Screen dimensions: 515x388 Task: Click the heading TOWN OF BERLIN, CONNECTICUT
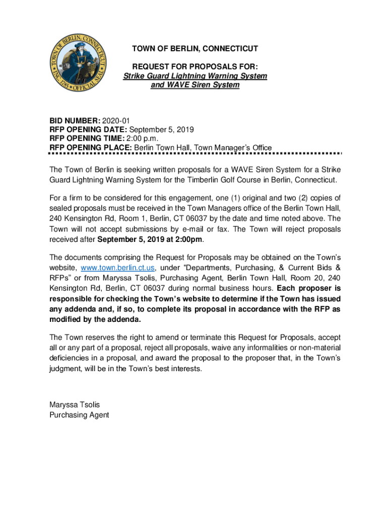point(195,49)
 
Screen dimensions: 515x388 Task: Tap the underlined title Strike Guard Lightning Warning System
point(195,76)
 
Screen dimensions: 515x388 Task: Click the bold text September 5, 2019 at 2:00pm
point(150,239)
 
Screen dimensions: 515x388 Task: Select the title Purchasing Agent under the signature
point(79,415)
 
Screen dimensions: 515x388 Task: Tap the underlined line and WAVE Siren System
point(195,85)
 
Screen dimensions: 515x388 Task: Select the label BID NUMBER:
point(75,121)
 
